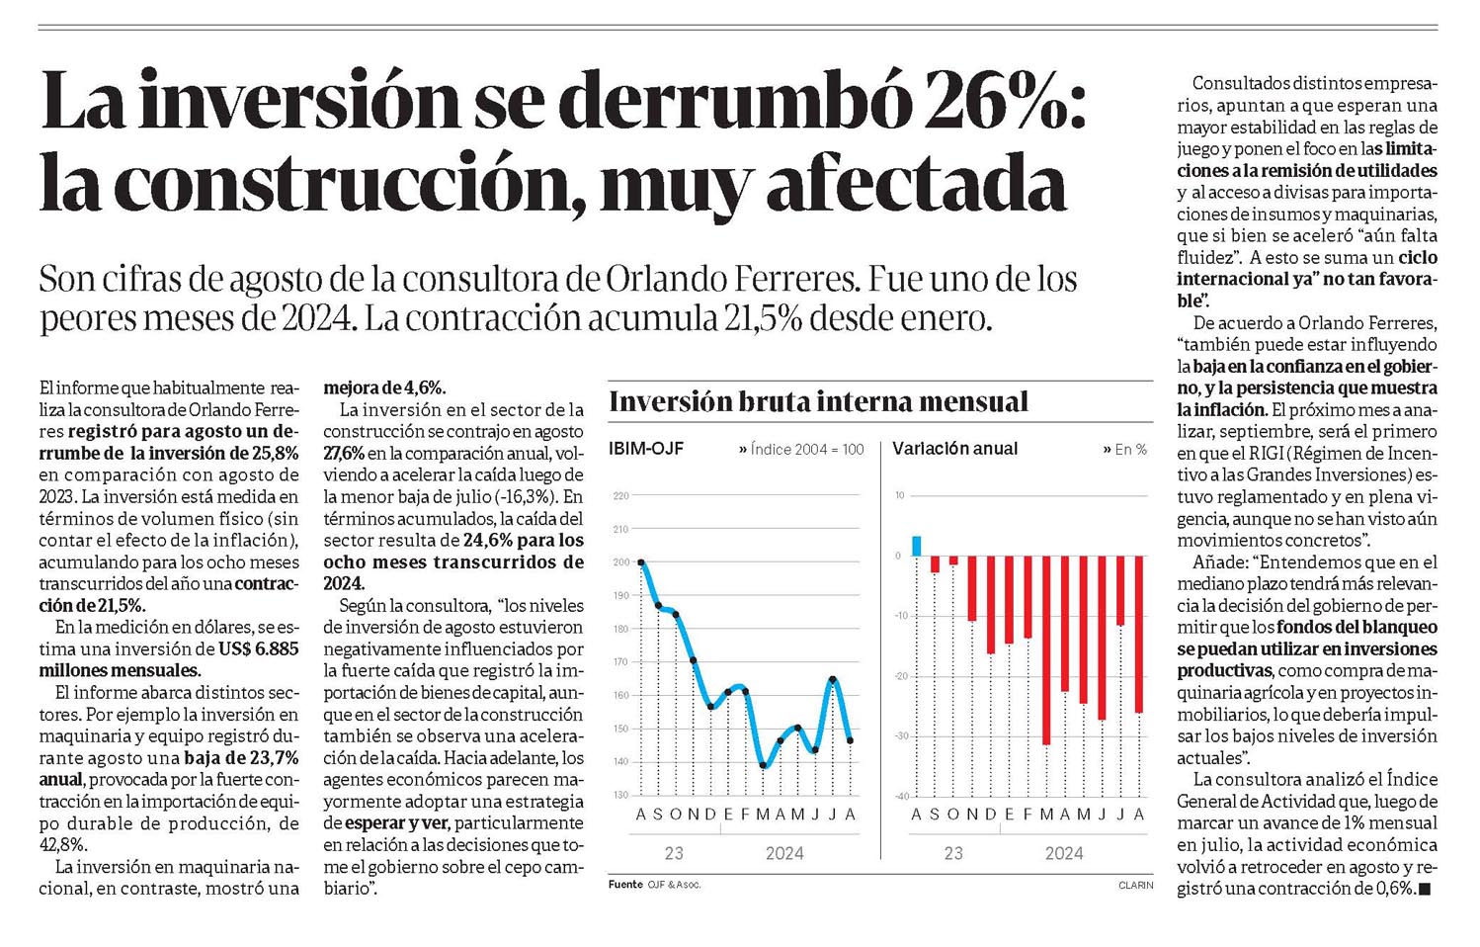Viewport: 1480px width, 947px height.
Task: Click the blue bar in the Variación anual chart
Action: (917, 546)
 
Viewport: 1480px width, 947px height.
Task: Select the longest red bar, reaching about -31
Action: (1046, 650)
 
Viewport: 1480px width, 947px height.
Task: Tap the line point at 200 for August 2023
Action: (641, 562)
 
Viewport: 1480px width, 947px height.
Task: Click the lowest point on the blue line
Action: (763, 765)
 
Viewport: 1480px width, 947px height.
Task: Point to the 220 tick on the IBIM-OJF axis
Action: (621, 495)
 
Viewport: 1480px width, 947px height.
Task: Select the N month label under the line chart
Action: (693, 815)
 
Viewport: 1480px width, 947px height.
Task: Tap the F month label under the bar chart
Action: (1028, 815)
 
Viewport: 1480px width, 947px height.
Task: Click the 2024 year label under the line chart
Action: (784, 854)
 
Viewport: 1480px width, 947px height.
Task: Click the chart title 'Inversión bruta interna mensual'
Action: (819, 401)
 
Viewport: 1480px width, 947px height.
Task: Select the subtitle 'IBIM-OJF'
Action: (646, 449)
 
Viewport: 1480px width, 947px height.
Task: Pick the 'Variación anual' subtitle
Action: (954, 449)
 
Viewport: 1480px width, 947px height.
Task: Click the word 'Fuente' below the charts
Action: (625, 884)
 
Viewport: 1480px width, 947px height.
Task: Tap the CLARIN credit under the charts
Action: (1136, 885)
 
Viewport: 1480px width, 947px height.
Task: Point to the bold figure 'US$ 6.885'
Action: (259, 648)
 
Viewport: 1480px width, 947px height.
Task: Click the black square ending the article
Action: (1425, 890)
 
